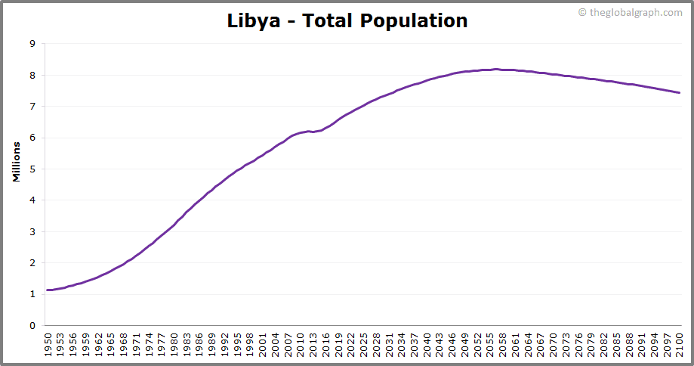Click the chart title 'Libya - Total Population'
tap(347, 20)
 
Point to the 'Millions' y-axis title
tap(16, 161)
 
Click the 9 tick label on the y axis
tap(32, 44)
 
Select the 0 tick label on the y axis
tap(32, 326)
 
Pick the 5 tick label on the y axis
tap(32, 169)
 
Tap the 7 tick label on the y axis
tap(32, 107)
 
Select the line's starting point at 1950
tap(48, 290)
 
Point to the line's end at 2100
tap(680, 93)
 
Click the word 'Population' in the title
tap(414, 20)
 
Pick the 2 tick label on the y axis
tap(32, 263)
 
